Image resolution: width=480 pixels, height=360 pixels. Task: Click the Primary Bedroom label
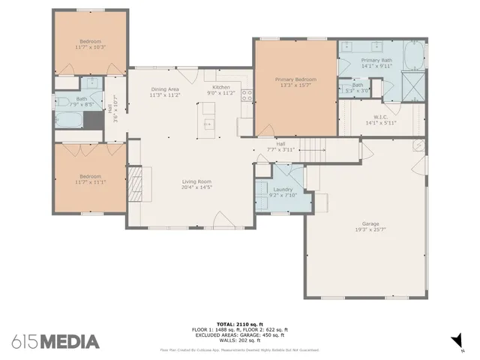(x=295, y=79)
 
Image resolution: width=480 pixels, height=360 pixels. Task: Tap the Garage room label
(x=370, y=223)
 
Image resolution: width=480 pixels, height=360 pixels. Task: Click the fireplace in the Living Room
(x=134, y=181)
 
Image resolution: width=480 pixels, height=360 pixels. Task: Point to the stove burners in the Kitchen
(x=244, y=96)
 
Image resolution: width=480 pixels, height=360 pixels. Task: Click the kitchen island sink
(x=208, y=123)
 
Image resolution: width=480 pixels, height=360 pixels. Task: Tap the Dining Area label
(x=163, y=89)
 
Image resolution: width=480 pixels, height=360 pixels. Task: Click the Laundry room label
(x=283, y=190)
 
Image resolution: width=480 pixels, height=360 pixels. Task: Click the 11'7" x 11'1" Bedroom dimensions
(x=90, y=181)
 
